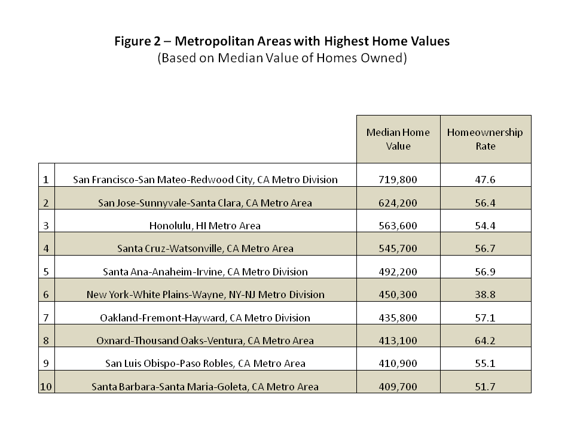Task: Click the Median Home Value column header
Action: coord(398,139)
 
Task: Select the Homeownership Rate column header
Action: coord(485,139)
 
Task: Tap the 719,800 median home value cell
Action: coord(398,180)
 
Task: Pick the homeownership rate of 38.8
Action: coord(485,295)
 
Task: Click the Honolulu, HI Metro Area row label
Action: coord(205,226)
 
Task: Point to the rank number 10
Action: coord(46,387)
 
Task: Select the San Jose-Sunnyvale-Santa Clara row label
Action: coord(205,203)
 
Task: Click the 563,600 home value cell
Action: coord(398,226)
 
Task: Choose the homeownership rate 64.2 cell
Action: coord(485,341)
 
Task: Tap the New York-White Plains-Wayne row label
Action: coord(205,295)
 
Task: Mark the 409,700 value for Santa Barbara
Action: coord(398,387)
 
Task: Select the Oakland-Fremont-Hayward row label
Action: coord(205,318)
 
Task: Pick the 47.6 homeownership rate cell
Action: coord(485,180)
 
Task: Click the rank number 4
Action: coord(46,248)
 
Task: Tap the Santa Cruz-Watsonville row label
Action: coord(205,248)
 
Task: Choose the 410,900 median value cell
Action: coord(398,363)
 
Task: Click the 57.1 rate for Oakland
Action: coord(485,318)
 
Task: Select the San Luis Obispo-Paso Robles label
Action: coord(205,363)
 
